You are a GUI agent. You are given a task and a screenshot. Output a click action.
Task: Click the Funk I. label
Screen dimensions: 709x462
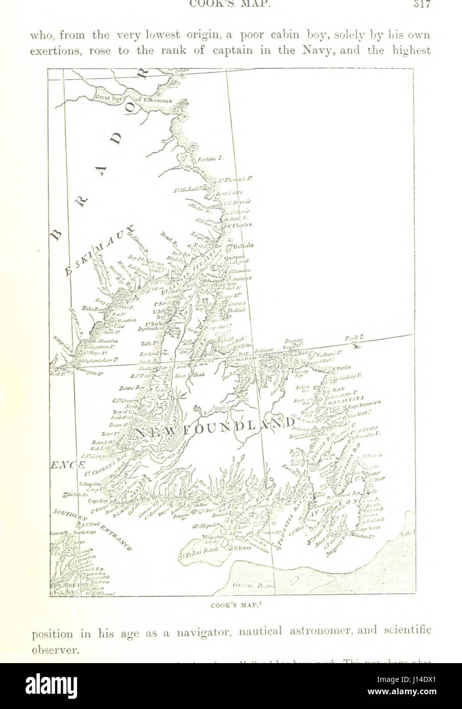tap(352, 339)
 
